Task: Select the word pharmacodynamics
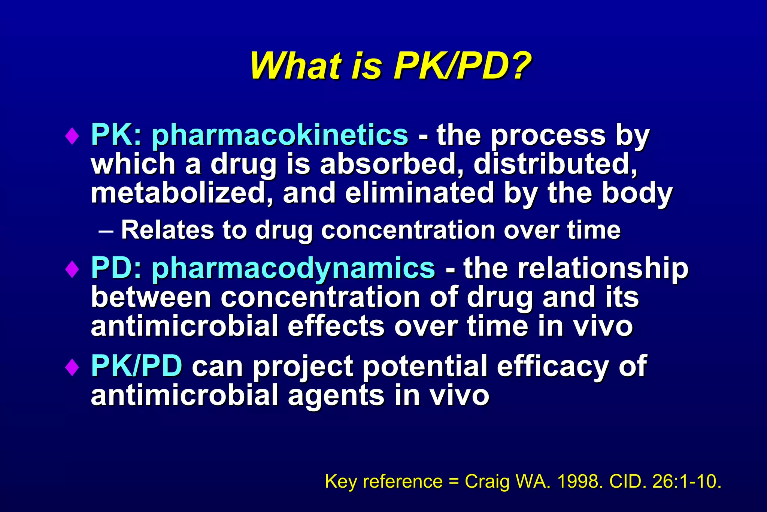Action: pyautogui.click(x=293, y=268)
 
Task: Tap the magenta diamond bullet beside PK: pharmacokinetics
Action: pyautogui.click(x=72, y=136)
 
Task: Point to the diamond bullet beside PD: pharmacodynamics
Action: pyautogui.click(x=72, y=269)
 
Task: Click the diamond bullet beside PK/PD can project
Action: pyautogui.click(x=72, y=367)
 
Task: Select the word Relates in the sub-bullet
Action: pyautogui.click(x=167, y=230)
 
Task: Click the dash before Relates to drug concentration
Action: pyautogui.click(x=106, y=231)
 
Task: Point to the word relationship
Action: pyautogui.click(x=576, y=268)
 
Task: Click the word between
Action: pyautogui.click(x=151, y=297)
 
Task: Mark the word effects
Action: pyautogui.click(x=336, y=326)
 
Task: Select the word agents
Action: pyautogui.click(x=336, y=396)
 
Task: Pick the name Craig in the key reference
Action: pyautogui.click(x=487, y=481)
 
